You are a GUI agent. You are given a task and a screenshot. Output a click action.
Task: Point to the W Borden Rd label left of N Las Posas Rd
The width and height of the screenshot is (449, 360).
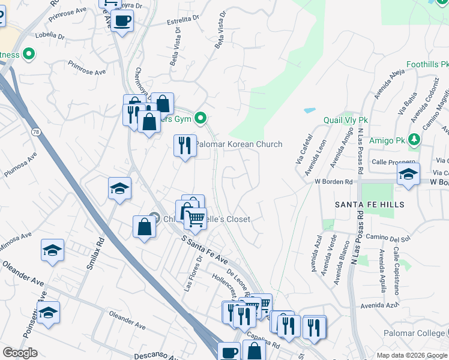(x=334, y=181)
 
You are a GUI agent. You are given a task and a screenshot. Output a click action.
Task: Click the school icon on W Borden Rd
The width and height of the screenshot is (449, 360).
(x=408, y=175)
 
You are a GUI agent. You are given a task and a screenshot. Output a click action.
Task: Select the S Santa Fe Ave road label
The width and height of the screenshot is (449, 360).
(x=205, y=250)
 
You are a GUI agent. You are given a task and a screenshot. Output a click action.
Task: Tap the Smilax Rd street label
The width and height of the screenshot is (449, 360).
(x=93, y=252)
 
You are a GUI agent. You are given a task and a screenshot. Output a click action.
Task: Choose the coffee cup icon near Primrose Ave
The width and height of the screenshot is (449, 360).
(x=122, y=21)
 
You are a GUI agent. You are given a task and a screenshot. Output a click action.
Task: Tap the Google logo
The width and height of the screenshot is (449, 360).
(x=20, y=353)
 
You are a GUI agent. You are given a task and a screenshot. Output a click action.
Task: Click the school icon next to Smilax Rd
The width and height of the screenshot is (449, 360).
(x=119, y=188)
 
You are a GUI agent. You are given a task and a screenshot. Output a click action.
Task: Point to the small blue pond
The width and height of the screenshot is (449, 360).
(x=310, y=111)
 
